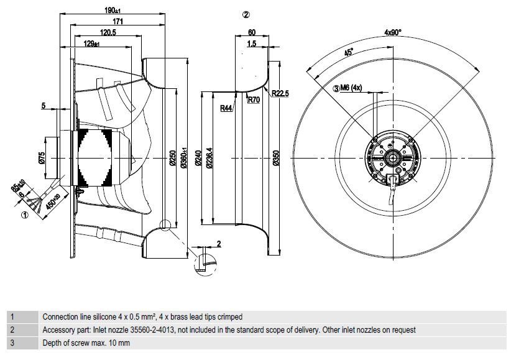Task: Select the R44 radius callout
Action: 226,108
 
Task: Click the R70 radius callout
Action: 253,99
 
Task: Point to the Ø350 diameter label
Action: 274,160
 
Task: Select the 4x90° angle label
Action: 393,32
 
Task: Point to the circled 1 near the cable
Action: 25,216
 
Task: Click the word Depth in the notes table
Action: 52,343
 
